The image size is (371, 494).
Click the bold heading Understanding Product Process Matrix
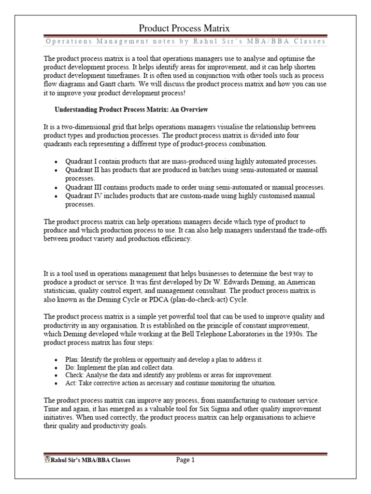point(131,110)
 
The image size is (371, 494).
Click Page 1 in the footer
point(185,460)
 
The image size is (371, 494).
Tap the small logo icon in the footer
point(47,460)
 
